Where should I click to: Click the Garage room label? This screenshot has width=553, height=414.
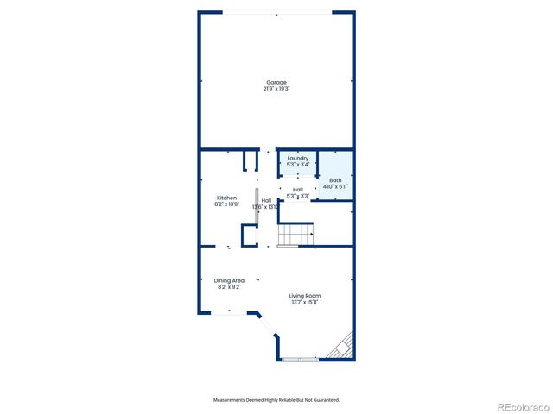coord(276,83)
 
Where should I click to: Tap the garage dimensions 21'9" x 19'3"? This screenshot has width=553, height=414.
coord(276,89)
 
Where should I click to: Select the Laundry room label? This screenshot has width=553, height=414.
coord(298,159)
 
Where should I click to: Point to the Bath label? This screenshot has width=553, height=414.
coord(335,180)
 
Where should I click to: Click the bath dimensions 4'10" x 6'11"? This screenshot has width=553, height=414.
coord(335,186)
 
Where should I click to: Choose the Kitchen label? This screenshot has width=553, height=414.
coord(226,198)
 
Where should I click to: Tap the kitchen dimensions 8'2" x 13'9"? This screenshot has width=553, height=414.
coord(226,204)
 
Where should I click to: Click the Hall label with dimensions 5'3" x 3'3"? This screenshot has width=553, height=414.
coord(297,190)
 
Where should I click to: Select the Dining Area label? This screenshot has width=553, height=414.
coord(229,280)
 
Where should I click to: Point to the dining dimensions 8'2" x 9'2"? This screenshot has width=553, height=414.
coord(229,286)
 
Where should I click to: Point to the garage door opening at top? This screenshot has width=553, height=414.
coord(276,12)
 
